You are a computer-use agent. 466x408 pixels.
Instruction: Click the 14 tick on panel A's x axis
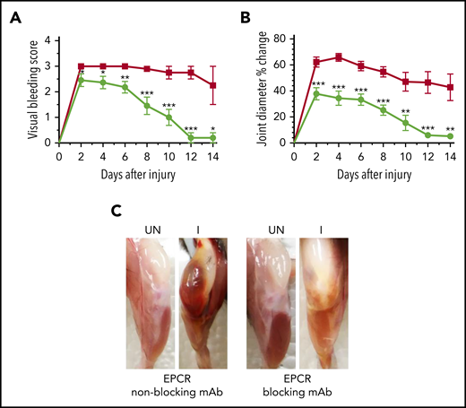[212, 154]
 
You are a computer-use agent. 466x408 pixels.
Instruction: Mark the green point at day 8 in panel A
[147, 105]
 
